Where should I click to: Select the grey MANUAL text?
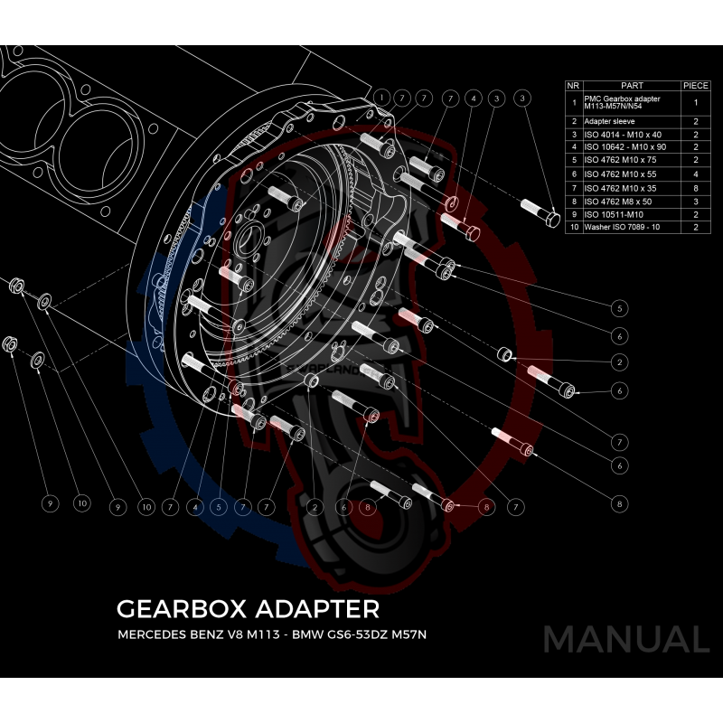point(625,640)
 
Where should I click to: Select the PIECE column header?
point(695,85)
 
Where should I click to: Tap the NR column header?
point(573,85)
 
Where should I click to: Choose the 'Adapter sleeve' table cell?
point(610,120)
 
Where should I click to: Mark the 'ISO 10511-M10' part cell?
point(615,213)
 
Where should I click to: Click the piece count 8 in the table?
point(695,187)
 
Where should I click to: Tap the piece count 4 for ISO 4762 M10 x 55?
point(695,174)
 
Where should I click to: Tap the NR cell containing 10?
point(573,227)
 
